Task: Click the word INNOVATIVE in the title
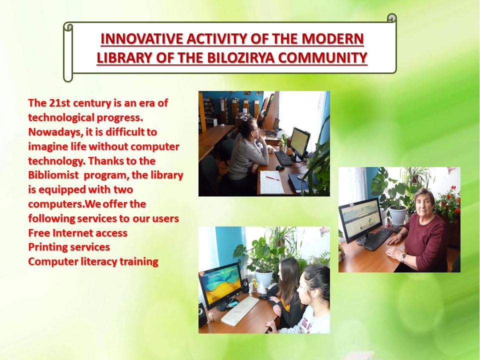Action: [141, 39]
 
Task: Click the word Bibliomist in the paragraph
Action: [53, 175]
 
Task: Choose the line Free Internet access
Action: [78, 233]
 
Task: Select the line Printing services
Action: [69, 247]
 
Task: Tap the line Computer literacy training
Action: [93, 261]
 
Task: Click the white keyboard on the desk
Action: [240, 310]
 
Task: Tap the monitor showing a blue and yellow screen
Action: [220, 285]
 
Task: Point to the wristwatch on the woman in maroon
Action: [403, 257]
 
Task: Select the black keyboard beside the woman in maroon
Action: [378, 238]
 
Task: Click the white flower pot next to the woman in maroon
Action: [398, 215]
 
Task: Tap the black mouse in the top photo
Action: [280, 168]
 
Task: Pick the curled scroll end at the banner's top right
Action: [392, 18]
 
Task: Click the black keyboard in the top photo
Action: [283, 158]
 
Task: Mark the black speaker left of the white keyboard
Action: [202, 314]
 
